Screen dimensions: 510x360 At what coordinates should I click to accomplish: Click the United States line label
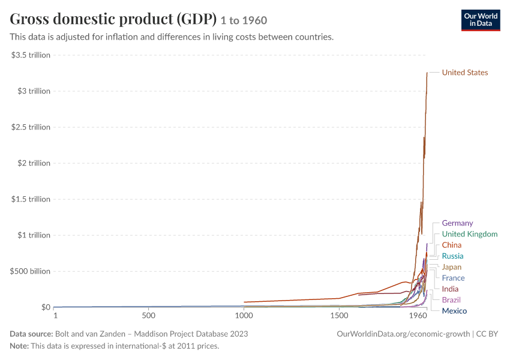point(465,73)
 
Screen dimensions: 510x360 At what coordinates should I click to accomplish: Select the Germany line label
point(457,223)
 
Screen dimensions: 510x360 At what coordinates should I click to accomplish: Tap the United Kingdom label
point(470,234)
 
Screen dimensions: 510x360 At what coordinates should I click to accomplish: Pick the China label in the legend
point(451,245)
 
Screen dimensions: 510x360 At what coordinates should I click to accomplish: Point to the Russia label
point(452,256)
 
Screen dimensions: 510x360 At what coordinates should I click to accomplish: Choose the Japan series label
point(451,268)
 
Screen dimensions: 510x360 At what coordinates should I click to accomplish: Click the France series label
point(453,278)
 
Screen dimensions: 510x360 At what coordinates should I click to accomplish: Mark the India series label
point(450,289)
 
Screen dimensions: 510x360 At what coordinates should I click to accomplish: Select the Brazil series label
point(451,300)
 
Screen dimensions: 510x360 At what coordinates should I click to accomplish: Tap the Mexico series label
point(454,311)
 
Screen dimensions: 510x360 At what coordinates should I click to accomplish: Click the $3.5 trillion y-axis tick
point(31,55)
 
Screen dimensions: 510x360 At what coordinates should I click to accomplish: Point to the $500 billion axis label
point(30,271)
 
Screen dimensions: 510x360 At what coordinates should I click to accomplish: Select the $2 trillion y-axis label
point(34,163)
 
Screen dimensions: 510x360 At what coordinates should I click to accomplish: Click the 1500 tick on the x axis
point(339,316)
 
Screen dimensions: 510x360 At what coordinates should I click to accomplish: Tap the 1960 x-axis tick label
point(418,316)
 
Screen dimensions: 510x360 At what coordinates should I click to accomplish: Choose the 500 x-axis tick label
point(149,316)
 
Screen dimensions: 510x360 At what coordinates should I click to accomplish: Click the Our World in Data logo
point(481,20)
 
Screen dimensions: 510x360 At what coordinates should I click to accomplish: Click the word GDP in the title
point(197,19)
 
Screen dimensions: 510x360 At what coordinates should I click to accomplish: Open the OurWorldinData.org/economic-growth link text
point(403,334)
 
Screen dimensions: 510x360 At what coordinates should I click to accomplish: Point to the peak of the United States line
point(427,73)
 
